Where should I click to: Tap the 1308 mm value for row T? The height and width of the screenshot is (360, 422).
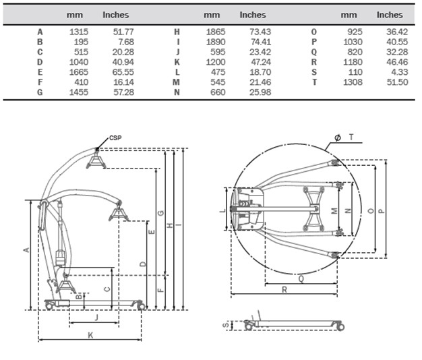[353, 82]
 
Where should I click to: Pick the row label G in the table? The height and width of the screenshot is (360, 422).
[40, 92]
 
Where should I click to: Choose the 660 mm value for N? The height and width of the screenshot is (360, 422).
[216, 92]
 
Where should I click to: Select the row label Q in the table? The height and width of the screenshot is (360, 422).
[313, 52]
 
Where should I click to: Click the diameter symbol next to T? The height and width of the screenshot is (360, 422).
[337, 137]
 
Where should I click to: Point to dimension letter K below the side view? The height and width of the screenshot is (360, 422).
[89, 335]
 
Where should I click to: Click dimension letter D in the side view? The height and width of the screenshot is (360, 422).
[142, 263]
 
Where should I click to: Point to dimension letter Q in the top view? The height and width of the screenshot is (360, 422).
[299, 277]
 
